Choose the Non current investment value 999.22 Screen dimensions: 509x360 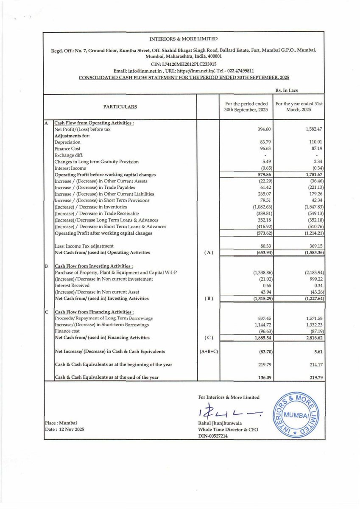tap(302, 279)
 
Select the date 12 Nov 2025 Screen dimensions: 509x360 tap(65, 430)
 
